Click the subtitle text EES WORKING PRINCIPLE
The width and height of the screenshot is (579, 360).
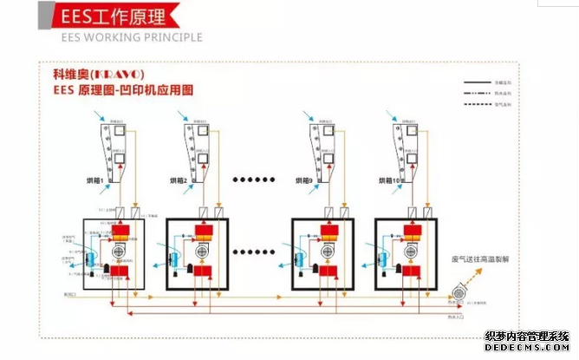pos(131,38)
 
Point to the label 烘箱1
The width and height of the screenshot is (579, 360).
pos(94,180)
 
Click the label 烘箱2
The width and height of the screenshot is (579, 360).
pos(179,180)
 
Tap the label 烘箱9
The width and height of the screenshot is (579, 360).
pos(305,180)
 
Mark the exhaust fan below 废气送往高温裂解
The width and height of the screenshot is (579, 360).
pos(457,295)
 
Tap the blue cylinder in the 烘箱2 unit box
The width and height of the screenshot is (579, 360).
pos(171,257)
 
